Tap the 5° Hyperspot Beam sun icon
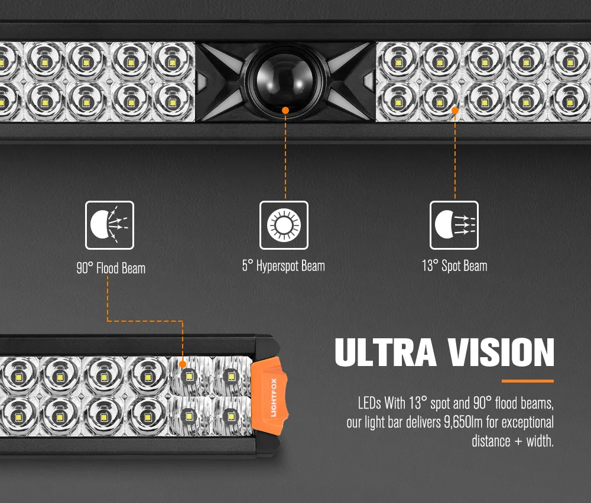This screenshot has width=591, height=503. [x=284, y=225]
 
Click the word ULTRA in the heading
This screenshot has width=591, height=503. [x=385, y=352]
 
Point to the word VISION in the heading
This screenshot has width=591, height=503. [x=501, y=352]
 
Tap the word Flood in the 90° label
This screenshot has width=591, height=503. [x=108, y=269]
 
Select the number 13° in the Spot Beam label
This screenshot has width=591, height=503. [x=430, y=266]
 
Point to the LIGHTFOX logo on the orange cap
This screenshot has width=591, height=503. [x=274, y=397]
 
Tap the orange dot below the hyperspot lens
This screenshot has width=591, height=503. [x=285, y=110]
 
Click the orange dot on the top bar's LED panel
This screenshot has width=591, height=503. [x=455, y=110]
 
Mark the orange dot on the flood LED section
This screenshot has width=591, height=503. [x=183, y=364]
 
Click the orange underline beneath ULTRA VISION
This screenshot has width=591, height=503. [x=528, y=381]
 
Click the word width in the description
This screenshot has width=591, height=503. [x=540, y=441]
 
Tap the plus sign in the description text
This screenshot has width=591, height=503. [x=518, y=442]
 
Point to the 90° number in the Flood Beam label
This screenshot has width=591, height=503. [x=85, y=269]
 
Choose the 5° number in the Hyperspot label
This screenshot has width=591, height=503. [x=247, y=266]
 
